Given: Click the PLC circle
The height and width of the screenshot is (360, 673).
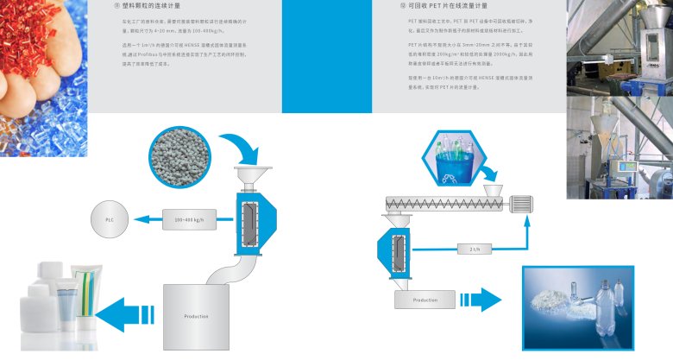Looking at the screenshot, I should click(110, 221).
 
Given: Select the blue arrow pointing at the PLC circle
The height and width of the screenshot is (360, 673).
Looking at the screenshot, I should click(144, 221).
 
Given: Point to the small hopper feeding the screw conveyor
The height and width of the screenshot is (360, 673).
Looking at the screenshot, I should click(494, 188).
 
